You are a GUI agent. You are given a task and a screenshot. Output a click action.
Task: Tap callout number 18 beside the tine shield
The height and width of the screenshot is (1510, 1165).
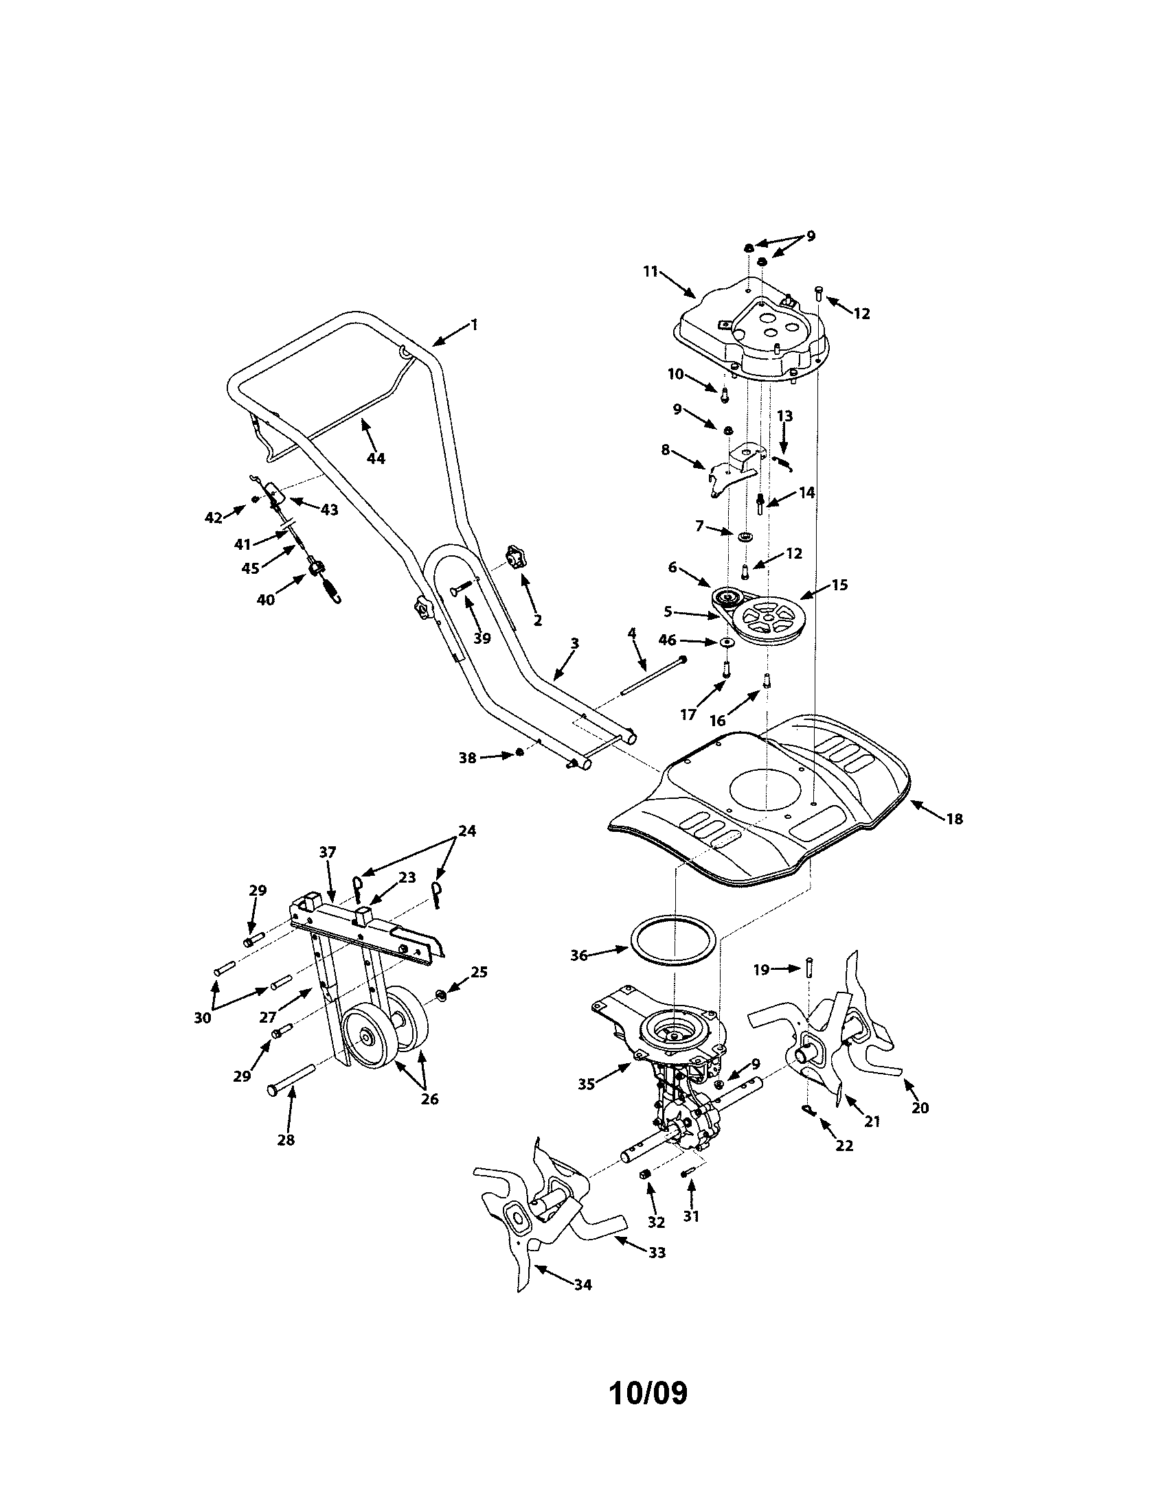coord(954,820)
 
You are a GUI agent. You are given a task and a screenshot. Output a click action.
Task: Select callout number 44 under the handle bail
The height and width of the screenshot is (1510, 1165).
coord(376,458)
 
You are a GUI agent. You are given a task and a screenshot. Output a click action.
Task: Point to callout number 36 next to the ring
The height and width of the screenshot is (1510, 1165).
coord(578,955)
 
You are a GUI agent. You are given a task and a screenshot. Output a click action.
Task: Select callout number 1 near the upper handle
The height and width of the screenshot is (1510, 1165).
coord(474,323)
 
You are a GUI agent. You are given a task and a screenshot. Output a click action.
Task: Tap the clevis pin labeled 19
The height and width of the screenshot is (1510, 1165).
coord(808,966)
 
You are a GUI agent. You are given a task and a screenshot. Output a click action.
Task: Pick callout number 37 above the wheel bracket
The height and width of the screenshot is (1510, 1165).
coord(327,852)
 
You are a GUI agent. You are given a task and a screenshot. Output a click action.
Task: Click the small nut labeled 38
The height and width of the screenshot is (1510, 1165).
coord(519,752)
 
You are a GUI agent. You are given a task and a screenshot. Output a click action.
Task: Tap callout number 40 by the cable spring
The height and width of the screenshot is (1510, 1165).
coord(266,599)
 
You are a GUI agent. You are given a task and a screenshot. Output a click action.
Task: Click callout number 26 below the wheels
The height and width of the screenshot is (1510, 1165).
coord(429,1099)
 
